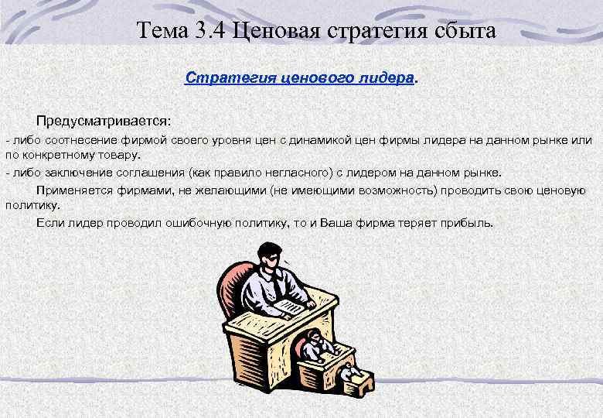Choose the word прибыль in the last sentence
click(x=466, y=223)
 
